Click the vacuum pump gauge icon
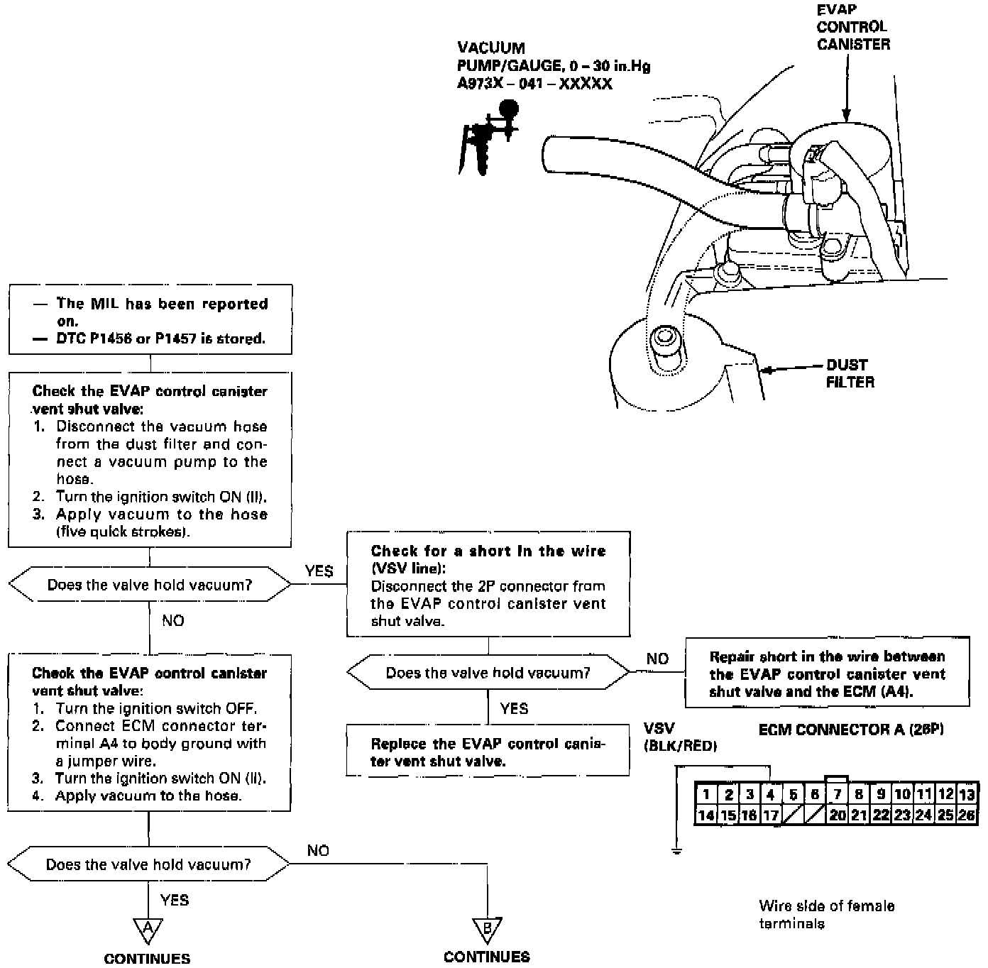[x=488, y=136]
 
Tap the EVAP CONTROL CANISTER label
[x=852, y=27]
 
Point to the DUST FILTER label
[x=850, y=373]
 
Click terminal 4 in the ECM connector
[x=771, y=793]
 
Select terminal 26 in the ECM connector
[x=967, y=815]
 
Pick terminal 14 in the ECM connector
[x=706, y=815]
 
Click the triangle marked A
[x=148, y=929]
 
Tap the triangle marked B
[x=487, y=929]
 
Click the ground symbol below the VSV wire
[x=676, y=849]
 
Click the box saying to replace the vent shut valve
[x=488, y=752]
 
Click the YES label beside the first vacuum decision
[x=319, y=571]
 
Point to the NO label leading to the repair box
[x=657, y=659]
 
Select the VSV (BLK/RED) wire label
[x=679, y=737]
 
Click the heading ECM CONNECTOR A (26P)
[x=850, y=730]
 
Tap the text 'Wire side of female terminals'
[x=826, y=914]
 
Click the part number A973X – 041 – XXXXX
[x=534, y=84]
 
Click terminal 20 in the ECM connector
[x=838, y=815]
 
